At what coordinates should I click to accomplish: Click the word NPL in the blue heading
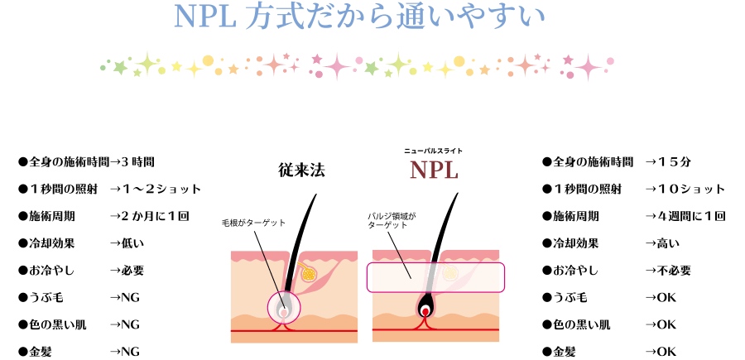click(206, 17)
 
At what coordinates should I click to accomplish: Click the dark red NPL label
click(434, 170)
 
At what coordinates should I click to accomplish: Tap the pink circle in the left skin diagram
click(284, 310)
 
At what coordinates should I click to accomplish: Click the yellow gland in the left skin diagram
click(309, 272)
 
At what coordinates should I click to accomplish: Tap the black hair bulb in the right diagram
click(426, 306)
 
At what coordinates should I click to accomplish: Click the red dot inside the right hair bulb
click(426, 312)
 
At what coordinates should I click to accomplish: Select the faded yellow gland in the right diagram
click(450, 272)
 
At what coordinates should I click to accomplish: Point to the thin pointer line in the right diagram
click(403, 263)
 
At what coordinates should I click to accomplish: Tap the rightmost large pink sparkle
click(588, 67)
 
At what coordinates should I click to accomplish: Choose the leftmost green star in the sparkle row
click(119, 66)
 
